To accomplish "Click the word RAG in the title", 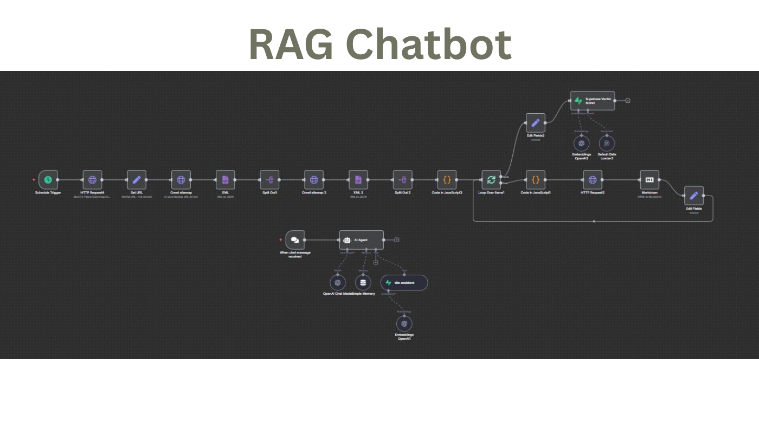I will tap(292, 44).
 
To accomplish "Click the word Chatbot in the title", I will tap(428, 44).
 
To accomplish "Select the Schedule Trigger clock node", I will tap(48, 180).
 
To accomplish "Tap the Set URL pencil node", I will tap(137, 180).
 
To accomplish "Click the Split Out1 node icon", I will tap(269, 180).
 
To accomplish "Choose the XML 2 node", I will tap(358, 180).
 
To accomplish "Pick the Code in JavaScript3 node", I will tap(447, 180).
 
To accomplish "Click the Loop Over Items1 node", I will tap(491, 180).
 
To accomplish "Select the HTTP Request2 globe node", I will tap(593, 180).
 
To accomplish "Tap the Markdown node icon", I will tap(649, 180).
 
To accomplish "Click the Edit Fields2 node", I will tap(536, 123).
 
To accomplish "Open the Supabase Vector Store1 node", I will tap(593, 101).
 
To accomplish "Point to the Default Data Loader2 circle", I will tap(607, 144).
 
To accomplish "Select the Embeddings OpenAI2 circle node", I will tap(582, 144).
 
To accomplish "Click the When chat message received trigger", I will tap(295, 240).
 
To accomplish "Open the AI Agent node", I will tap(361, 240).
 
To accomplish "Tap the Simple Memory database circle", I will tap(363, 282).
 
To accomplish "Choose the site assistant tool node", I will tap(404, 283).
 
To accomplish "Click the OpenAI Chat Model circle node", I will tap(338, 282).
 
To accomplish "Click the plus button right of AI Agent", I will tap(397, 240).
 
